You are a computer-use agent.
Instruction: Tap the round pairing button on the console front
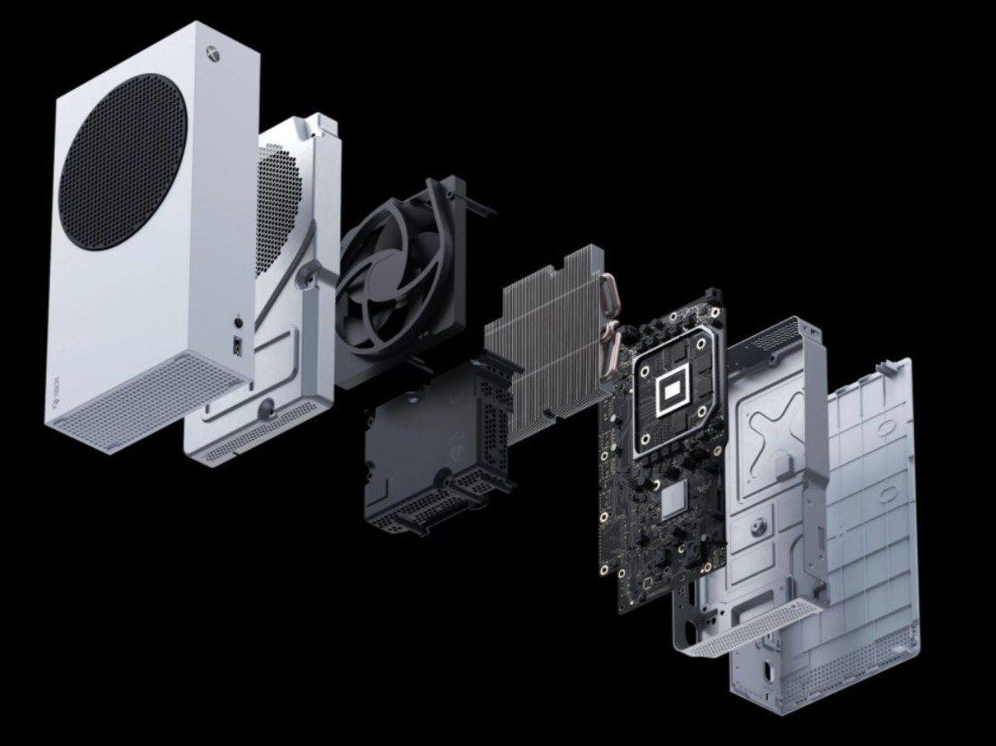click(240, 320)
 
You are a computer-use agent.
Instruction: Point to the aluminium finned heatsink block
click(539, 332)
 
